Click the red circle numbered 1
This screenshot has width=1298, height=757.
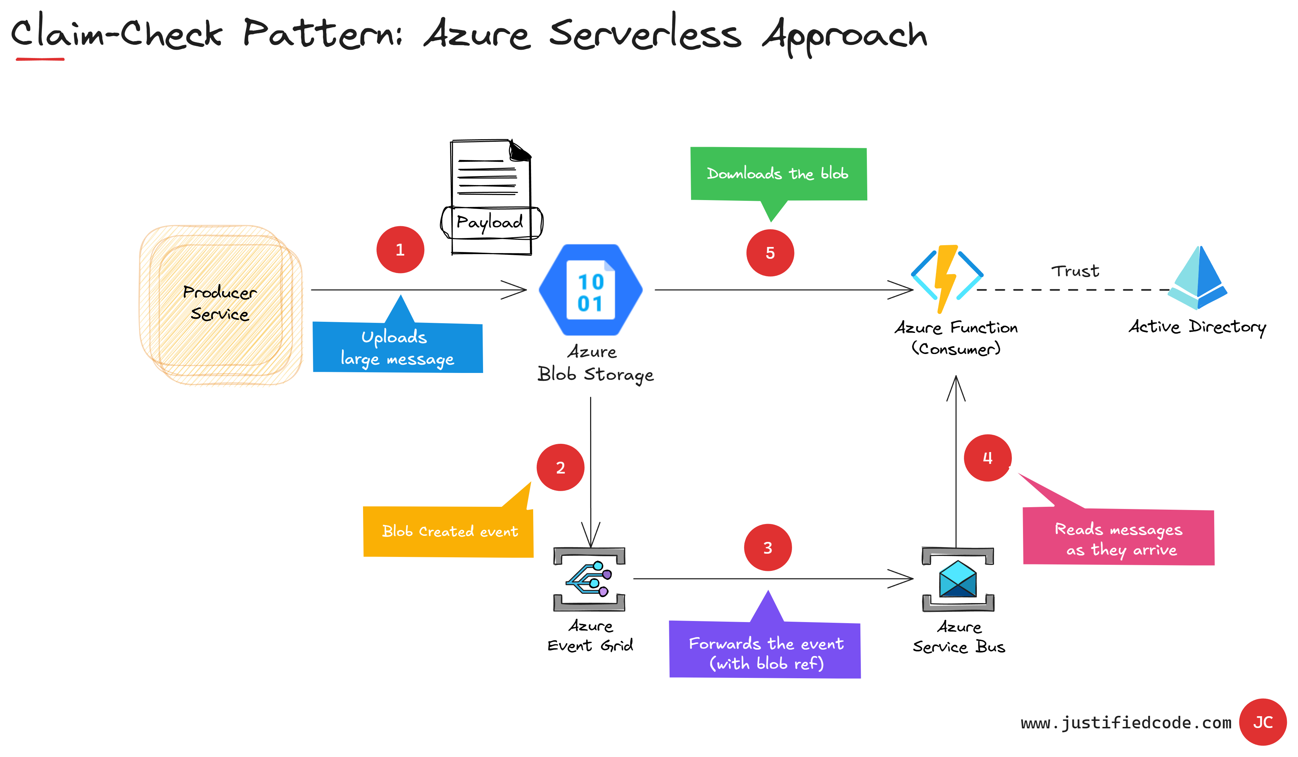point(400,250)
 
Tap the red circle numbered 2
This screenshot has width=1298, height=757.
point(560,467)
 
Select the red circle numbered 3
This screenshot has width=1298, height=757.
point(767,547)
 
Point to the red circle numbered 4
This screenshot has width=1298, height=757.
point(988,458)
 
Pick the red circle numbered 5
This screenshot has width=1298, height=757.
point(770,253)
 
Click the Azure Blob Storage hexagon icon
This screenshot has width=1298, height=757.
point(591,290)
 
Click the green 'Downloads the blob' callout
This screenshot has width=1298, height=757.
point(778,174)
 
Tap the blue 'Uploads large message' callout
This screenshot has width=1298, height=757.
point(398,348)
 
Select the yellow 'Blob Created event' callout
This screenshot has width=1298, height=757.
point(449,532)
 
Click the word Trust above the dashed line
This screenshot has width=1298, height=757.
point(1075,271)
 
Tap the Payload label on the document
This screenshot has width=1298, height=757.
point(490,223)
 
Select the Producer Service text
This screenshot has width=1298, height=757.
point(220,303)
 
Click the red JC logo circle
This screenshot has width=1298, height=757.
point(1263,722)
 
